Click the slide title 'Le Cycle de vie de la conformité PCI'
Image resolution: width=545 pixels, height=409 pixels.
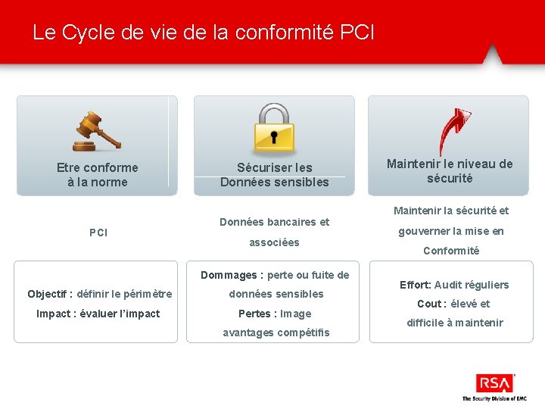203,33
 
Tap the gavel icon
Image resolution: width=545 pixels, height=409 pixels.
96,132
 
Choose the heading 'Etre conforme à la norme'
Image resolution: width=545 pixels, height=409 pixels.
98,174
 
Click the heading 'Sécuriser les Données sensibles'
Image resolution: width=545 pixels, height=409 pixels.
275,174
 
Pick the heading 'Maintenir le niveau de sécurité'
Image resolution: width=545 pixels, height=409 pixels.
450,170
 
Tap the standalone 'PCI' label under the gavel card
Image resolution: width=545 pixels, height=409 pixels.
98,233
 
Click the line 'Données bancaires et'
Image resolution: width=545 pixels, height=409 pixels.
275,222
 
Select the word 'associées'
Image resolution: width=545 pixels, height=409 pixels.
275,242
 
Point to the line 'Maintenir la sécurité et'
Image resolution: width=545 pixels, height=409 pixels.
451,211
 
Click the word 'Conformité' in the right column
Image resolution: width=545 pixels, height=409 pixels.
451,251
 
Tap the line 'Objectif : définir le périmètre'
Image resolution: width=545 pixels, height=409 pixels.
100,294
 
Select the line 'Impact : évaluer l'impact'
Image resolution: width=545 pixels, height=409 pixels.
98,314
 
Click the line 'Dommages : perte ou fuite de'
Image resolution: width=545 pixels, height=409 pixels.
275,275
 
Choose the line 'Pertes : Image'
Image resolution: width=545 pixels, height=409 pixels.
275,314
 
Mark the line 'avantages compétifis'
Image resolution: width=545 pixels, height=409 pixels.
276,333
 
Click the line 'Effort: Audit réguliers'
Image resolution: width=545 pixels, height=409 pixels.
454,285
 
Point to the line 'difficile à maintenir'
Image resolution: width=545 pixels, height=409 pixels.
454,323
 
